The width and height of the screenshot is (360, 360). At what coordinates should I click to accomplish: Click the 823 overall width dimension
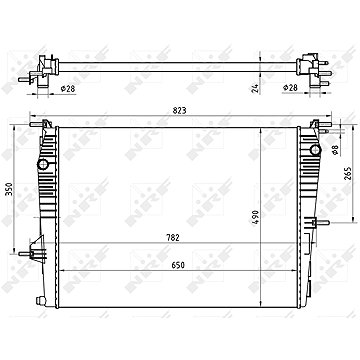click(x=179, y=110)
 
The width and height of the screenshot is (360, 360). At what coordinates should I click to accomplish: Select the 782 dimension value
click(x=173, y=237)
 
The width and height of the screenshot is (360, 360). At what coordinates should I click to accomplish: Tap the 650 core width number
click(x=178, y=265)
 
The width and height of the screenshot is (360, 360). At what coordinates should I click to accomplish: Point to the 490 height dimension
click(x=255, y=217)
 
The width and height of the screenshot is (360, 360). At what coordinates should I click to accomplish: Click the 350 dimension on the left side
click(x=10, y=189)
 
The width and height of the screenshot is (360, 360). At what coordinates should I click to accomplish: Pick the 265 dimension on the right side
click(x=347, y=173)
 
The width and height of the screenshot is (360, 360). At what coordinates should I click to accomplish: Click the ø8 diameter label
click(x=336, y=150)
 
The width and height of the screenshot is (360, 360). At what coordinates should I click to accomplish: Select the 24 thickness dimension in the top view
click(x=255, y=89)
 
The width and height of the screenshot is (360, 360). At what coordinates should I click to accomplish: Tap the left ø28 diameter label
click(x=68, y=89)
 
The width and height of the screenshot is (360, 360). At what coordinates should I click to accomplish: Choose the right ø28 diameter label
click(x=290, y=88)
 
